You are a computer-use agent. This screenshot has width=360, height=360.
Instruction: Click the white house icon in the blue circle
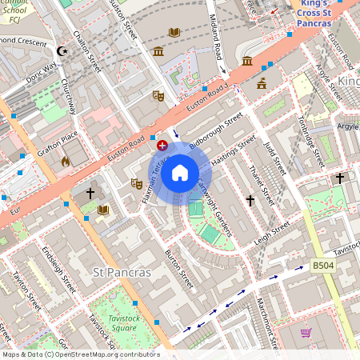coord(180,173)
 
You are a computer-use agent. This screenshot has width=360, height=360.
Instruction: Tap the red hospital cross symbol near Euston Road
coord(163,145)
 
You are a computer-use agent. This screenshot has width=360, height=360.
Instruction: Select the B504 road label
coord(322,266)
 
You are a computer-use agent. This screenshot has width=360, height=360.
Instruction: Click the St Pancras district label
coord(122,273)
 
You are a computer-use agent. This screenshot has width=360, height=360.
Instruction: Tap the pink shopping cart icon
coord(306,332)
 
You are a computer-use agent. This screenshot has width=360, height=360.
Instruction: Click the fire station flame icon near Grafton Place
coord(65,161)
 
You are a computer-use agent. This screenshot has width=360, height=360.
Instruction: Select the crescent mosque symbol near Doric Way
coord(62,51)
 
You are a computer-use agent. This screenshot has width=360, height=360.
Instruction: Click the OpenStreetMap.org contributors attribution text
coord(106,354)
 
